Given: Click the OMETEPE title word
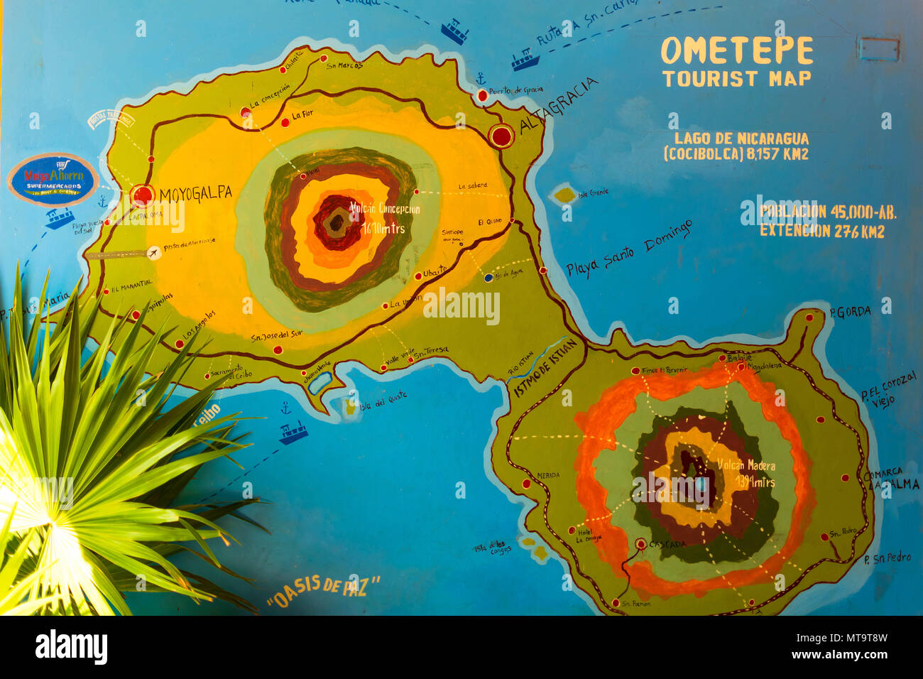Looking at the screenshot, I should coord(737,51).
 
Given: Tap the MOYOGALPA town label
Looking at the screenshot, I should coord(195,195).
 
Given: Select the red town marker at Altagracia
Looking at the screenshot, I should coord(501,136).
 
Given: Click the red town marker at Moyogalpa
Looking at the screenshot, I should coord(143,195).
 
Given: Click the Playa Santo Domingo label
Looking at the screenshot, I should coord(629,249).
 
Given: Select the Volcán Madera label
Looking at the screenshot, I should coord(745,466).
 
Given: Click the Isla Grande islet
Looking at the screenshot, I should coord(565,193).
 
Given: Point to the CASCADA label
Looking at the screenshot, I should coord(667,544).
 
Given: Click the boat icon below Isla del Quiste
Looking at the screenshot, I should coord(293,432).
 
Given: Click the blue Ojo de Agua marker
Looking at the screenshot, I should coord(488,278).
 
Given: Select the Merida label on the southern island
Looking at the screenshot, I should coord(548,475).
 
